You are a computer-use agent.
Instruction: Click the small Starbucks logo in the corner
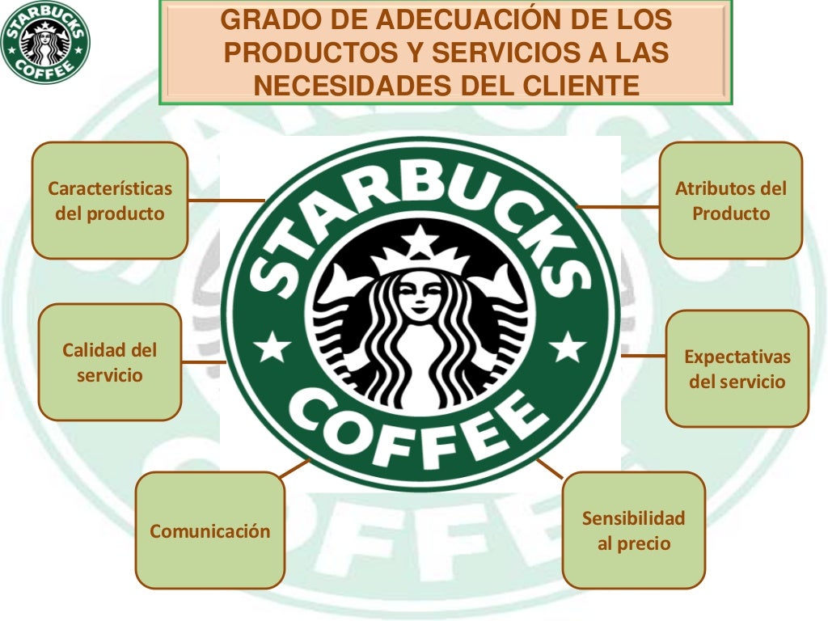[44, 42]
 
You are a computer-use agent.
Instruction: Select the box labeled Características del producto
[110, 201]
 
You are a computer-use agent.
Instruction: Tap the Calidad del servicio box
[110, 362]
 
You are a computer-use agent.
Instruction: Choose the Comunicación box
[210, 530]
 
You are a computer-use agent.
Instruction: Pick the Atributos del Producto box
[731, 201]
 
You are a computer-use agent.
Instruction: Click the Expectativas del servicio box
[737, 369]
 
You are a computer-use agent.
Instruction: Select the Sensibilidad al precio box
[634, 530]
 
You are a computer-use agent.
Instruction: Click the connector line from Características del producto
[226, 200]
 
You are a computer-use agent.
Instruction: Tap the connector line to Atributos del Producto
[619, 207]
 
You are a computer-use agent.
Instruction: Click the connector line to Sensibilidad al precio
[550, 468]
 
